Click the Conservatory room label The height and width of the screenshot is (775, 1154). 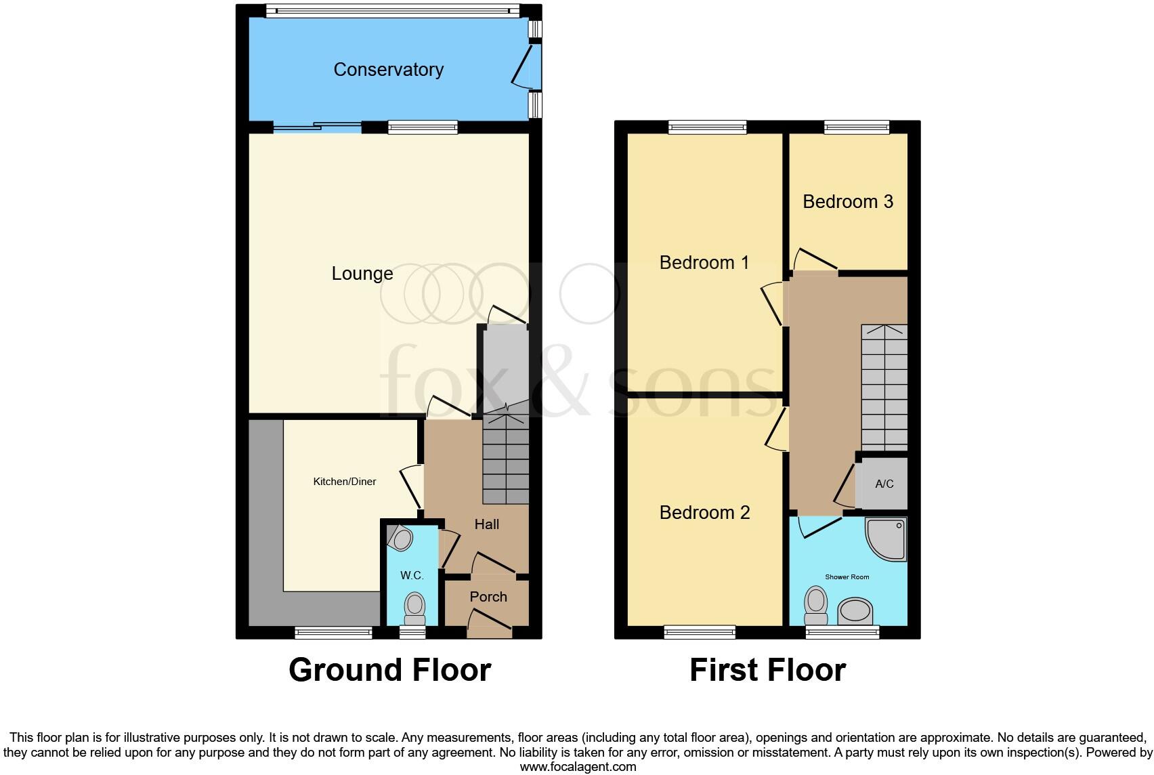(388, 70)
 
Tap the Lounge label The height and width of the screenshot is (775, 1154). (362, 274)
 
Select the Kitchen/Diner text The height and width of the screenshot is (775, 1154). (344, 482)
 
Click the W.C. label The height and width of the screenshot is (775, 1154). (412, 576)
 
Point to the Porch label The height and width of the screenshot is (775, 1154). (488, 597)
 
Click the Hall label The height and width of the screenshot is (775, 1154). (487, 524)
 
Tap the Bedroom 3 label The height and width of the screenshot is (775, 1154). (848, 202)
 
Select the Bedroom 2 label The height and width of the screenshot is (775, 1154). (704, 513)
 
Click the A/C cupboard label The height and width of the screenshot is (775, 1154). (884, 484)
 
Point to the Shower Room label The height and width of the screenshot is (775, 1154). (847, 577)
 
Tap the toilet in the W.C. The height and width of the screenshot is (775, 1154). (414, 608)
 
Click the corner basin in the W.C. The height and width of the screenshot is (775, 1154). (401, 539)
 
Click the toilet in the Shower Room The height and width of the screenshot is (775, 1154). (817, 605)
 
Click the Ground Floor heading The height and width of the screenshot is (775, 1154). (389, 670)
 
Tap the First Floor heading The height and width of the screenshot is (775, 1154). (767, 670)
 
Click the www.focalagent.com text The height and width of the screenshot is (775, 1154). (578, 767)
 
